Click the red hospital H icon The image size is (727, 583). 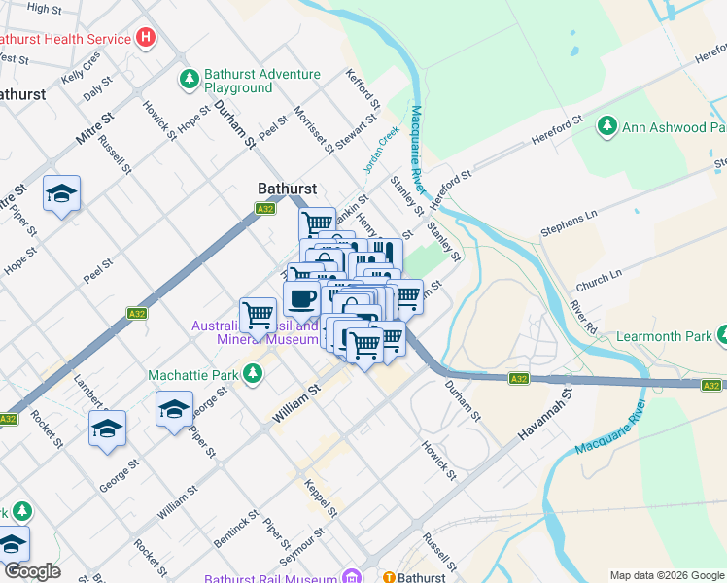pyautogui.click(x=146, y=39)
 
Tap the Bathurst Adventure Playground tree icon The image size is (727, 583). pyautogui.click(x=189, y=77)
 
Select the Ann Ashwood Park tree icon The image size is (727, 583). pyautogui.click(x=607, y=126)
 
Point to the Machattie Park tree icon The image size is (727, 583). pyautogui.click(x=253, y=373)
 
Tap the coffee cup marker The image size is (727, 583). pyautogui.click(x=301, y=298)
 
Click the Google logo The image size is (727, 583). pyautogui.click(x=32, y=571)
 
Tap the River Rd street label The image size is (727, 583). pyautogui.click(x=583, y=318)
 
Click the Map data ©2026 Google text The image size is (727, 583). pyautogui.click(x=666, y=575)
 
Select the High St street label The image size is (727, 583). pyautogui.click(x=44, y=8)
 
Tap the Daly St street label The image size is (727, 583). pyautogui.click(x=94, y=91)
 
